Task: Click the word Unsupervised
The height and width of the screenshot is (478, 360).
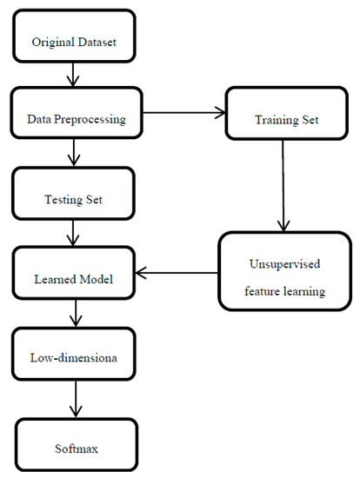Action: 284,259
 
